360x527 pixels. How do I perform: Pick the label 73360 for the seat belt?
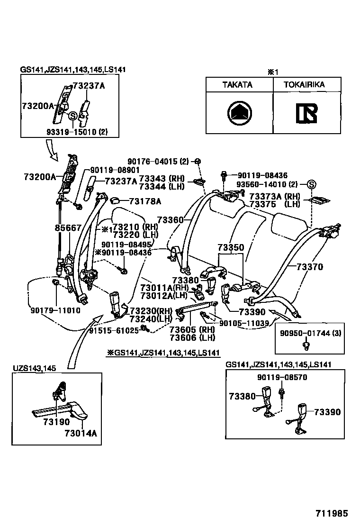pyautogui.click(x=170, y=220)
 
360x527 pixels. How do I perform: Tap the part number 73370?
pyautogui.click(x=310, y=267)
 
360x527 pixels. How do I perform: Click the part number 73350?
pyautogui.click(x=231, y=248)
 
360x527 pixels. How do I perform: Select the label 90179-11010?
pyautogui.click(x=55, y=311)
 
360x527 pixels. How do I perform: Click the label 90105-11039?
pyautogui.click(x=244, y=323)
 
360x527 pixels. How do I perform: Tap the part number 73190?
pyautogui.click(x=56, y=422)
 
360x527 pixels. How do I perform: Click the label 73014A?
pyautogui.click(x=81, y=433)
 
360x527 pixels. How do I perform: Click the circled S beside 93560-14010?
pyautogui.click(x=311, y=184)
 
